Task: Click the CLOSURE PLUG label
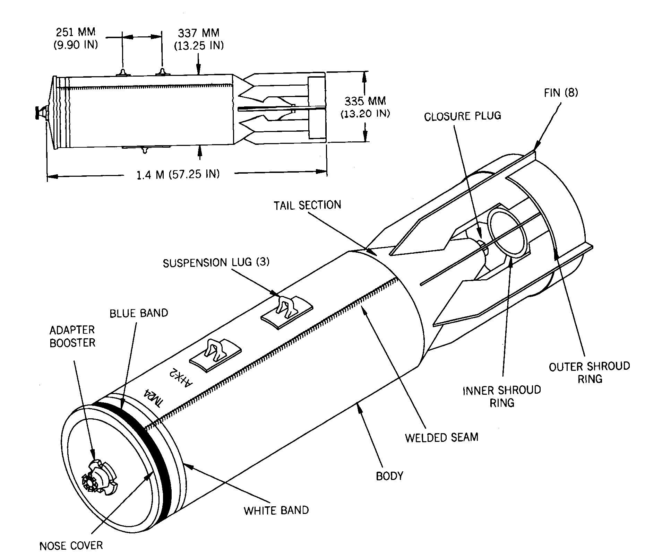[463, 116]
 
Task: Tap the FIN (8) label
[561, 93]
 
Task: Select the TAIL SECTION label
[308, 205]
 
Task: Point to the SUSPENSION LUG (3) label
[216, 262]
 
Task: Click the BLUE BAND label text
[139, 313]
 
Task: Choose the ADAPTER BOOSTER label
[72, 336]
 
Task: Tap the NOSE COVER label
[71, 546]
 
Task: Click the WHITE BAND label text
[276, 510]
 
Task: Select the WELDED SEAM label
[441, 437]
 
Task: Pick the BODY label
[390, 476]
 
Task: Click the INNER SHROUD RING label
[502, 396]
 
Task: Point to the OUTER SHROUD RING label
[589, 373]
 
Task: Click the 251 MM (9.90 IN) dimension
[76, 38]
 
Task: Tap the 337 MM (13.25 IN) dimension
[199, 39]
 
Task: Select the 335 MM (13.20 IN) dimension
[365, 107]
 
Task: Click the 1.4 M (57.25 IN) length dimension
[178, 174]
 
